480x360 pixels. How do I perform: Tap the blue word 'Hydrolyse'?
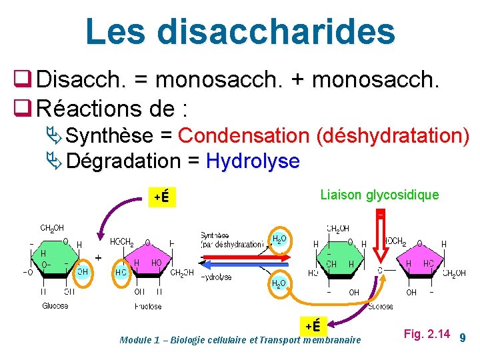[253, 161]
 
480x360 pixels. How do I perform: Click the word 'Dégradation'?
[123, 161]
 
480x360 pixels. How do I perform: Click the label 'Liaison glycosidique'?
[379, 195]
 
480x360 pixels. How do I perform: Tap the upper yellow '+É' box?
[161, 197]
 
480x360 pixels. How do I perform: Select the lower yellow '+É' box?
[313, 325]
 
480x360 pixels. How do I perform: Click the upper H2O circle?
[279, 238]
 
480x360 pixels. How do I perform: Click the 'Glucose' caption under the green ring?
[55, 306]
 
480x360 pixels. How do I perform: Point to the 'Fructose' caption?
[147, 306]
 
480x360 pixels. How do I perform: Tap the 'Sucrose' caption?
[380, 306]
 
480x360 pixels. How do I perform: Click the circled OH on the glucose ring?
[83, 271]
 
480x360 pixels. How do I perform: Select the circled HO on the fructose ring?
[121, 272]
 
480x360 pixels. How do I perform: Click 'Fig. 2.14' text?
[427, 333]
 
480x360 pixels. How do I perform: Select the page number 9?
[463, 339]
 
